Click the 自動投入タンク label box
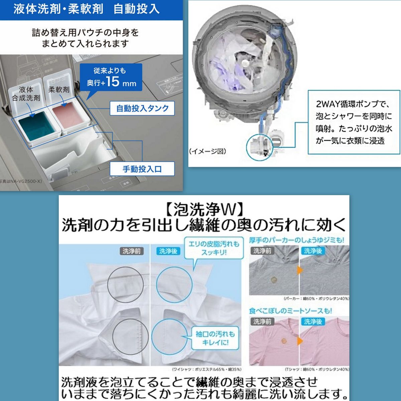pos(142,108)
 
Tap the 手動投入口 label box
pos(142,169)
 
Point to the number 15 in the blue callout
pos(113,81)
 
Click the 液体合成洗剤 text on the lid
pos(26,94)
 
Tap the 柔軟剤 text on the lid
pos(59,90)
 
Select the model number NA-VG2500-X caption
pos(21,181)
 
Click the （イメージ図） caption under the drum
pos(208,151)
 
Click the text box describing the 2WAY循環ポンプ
pos(354,122)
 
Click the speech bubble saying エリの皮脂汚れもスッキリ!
pos(214,248)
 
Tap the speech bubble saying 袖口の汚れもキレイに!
pos(215,338)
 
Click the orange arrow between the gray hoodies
pos(299,270)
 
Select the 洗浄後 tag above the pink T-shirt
pos(313,321)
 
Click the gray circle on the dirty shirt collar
pos(125,285)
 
